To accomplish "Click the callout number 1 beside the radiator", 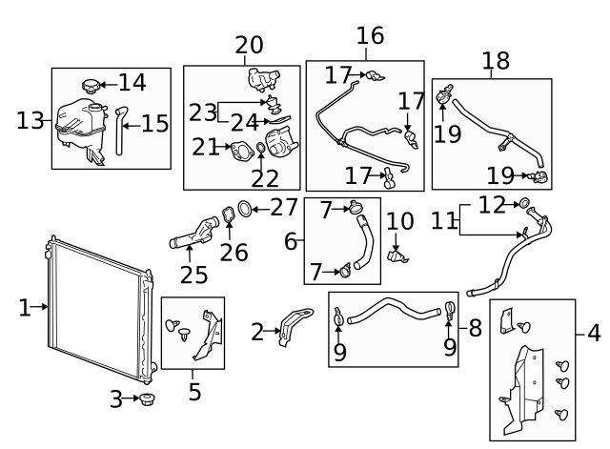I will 23,307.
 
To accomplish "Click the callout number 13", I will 30,120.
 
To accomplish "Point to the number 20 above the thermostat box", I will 249,45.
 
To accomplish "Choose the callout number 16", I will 370,36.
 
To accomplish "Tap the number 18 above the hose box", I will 496,60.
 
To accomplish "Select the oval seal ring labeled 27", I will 244,208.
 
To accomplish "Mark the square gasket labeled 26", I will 228,217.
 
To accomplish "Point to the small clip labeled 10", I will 398,255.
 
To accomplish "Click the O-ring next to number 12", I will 524,203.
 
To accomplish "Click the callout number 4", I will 594,334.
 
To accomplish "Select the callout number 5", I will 194,391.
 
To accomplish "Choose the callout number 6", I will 291,240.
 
